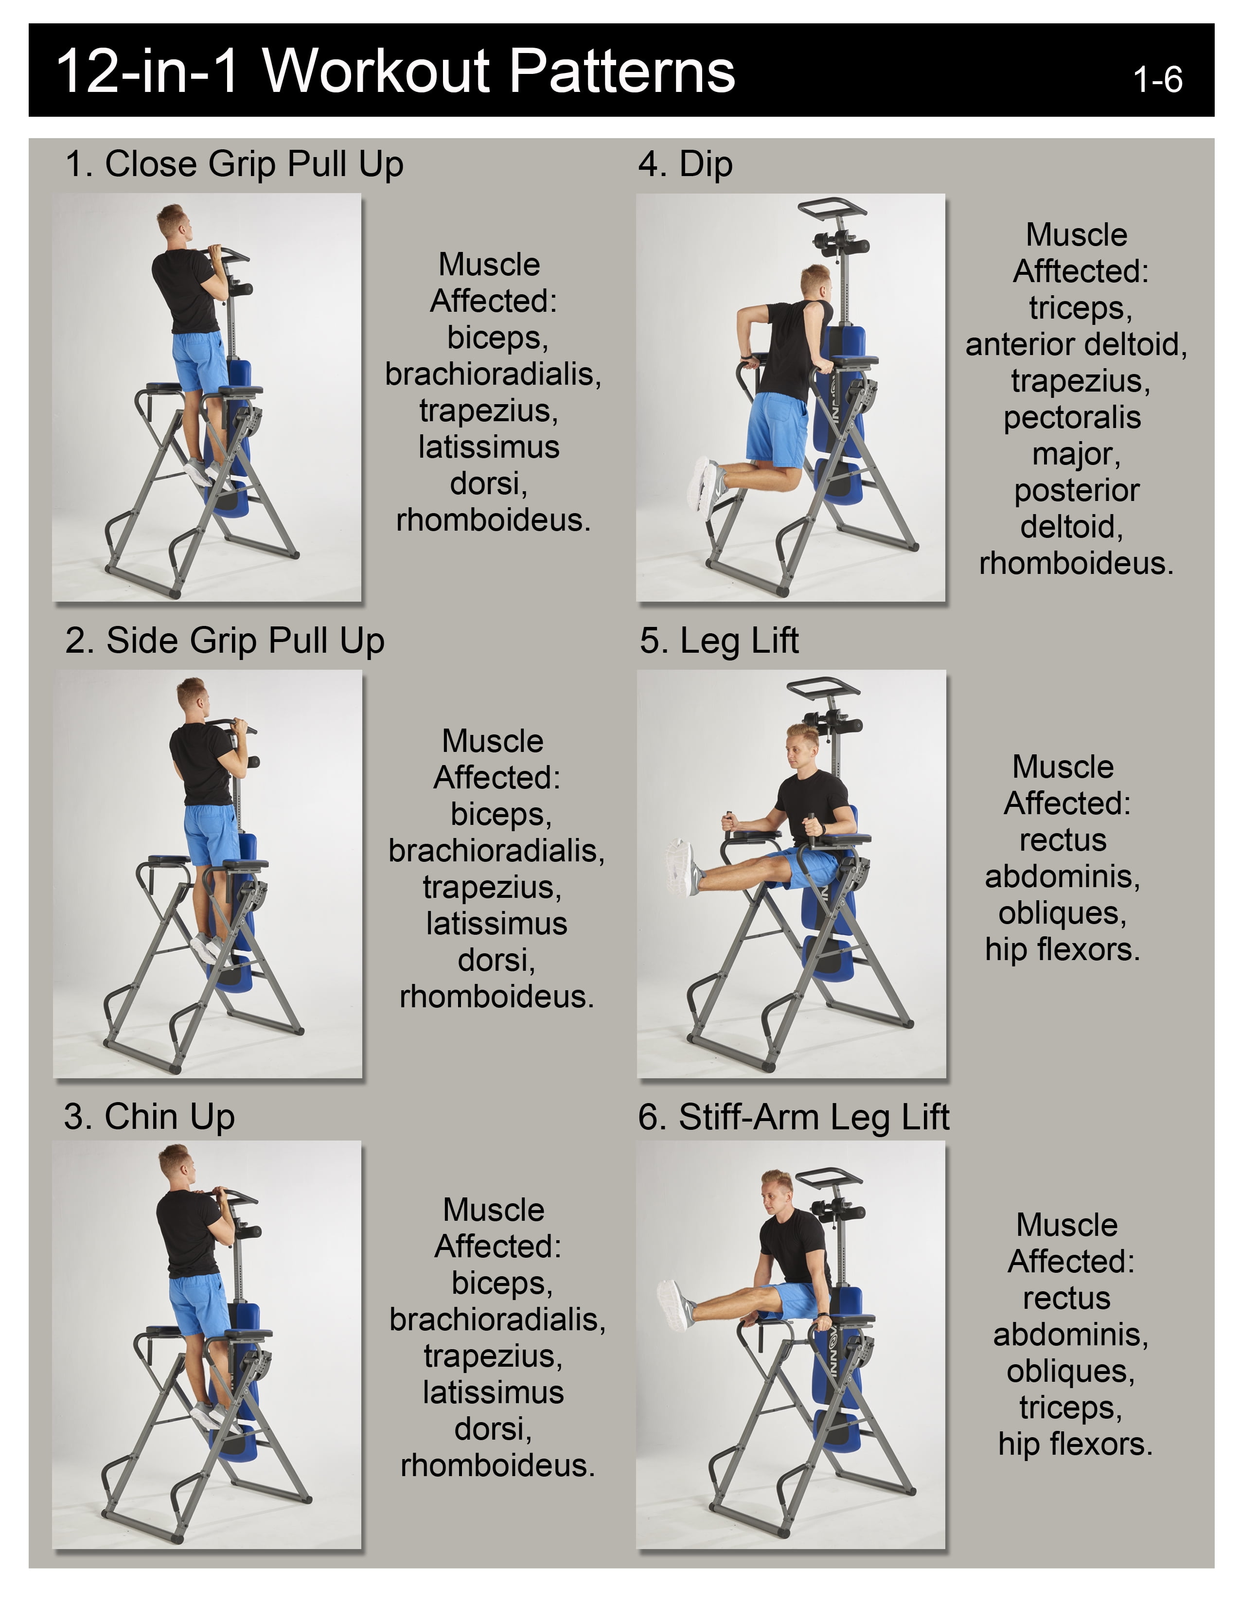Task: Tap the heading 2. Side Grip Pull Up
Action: [x=225, y=640]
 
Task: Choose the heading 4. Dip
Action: [x=685, y=164]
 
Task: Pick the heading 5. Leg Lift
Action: [x=719, y=640]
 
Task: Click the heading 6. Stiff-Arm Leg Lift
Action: [x=794, y=1117]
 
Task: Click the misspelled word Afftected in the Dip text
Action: [x=1081, y=271]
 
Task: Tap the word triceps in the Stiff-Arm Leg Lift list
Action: [x=1070, y=1408]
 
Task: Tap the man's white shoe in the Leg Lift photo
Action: [x=682, y=867]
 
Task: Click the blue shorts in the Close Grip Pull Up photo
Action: [x=200, y=361]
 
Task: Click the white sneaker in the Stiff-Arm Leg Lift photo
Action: [x=675, y=1306]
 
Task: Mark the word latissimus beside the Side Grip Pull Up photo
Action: [x=496, y=923]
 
